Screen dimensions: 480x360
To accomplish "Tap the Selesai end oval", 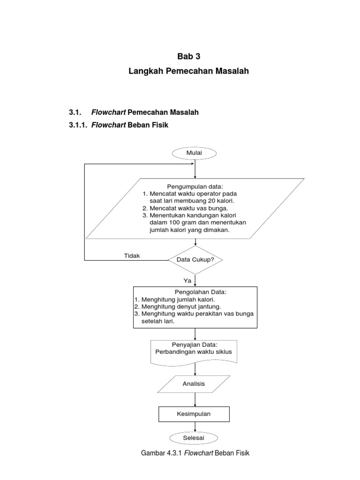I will tap(194, 437).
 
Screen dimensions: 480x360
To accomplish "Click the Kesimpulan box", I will tap(194, 414).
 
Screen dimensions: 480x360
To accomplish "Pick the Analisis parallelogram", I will tap(194, 384).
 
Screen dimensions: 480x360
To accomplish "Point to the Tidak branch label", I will tap(132, 255).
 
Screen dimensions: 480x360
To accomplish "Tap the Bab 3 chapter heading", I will tap(188, 56).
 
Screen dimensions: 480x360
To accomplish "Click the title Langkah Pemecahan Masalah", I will tap(188, 72).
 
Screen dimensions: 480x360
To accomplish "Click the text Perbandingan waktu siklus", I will tap(194, 352).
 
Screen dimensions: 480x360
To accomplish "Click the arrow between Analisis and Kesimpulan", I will tap(195, 400).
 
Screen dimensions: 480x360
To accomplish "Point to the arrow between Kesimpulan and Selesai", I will tap(195, 426).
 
